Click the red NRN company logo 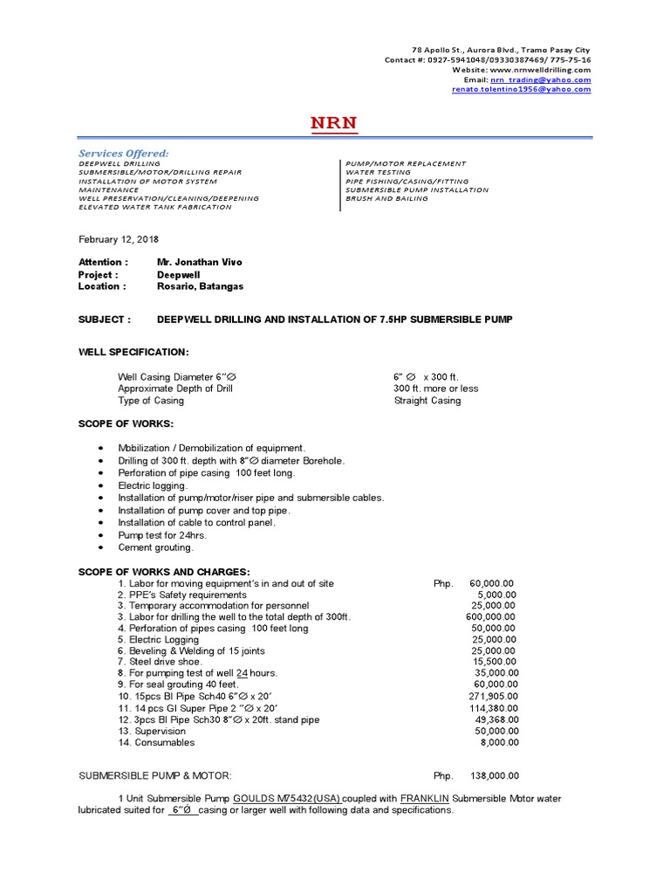pyautogui.click(x=334, y=123)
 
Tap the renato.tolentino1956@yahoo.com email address pyautogui.click(x=521, y=89)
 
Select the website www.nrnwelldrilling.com pyautogui.click(x=540, y=70)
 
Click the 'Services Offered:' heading pyautogui.click(x=124, y=154)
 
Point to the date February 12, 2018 pyautogui.click(x=119, y=239)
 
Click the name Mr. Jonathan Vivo pyautogui.click(x=200, y=262)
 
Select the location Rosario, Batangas pyautogui.click(x=200, y=286)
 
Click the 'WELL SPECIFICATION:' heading pyautogui.click(x=133, y=352)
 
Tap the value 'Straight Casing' pyautogui.click(x=427, y=401)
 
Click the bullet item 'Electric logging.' pyautogui.click(x=153, y=485)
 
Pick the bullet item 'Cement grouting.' pyautogui.click(x=156, y=547)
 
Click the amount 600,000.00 pyautogui.click(x=490, y=616)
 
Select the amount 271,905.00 pyautogui.click(x=493, y=697)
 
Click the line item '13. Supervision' pyautogui.click(x=152, y=731)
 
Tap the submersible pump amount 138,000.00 pyautogui.click(x=494, y=775)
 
